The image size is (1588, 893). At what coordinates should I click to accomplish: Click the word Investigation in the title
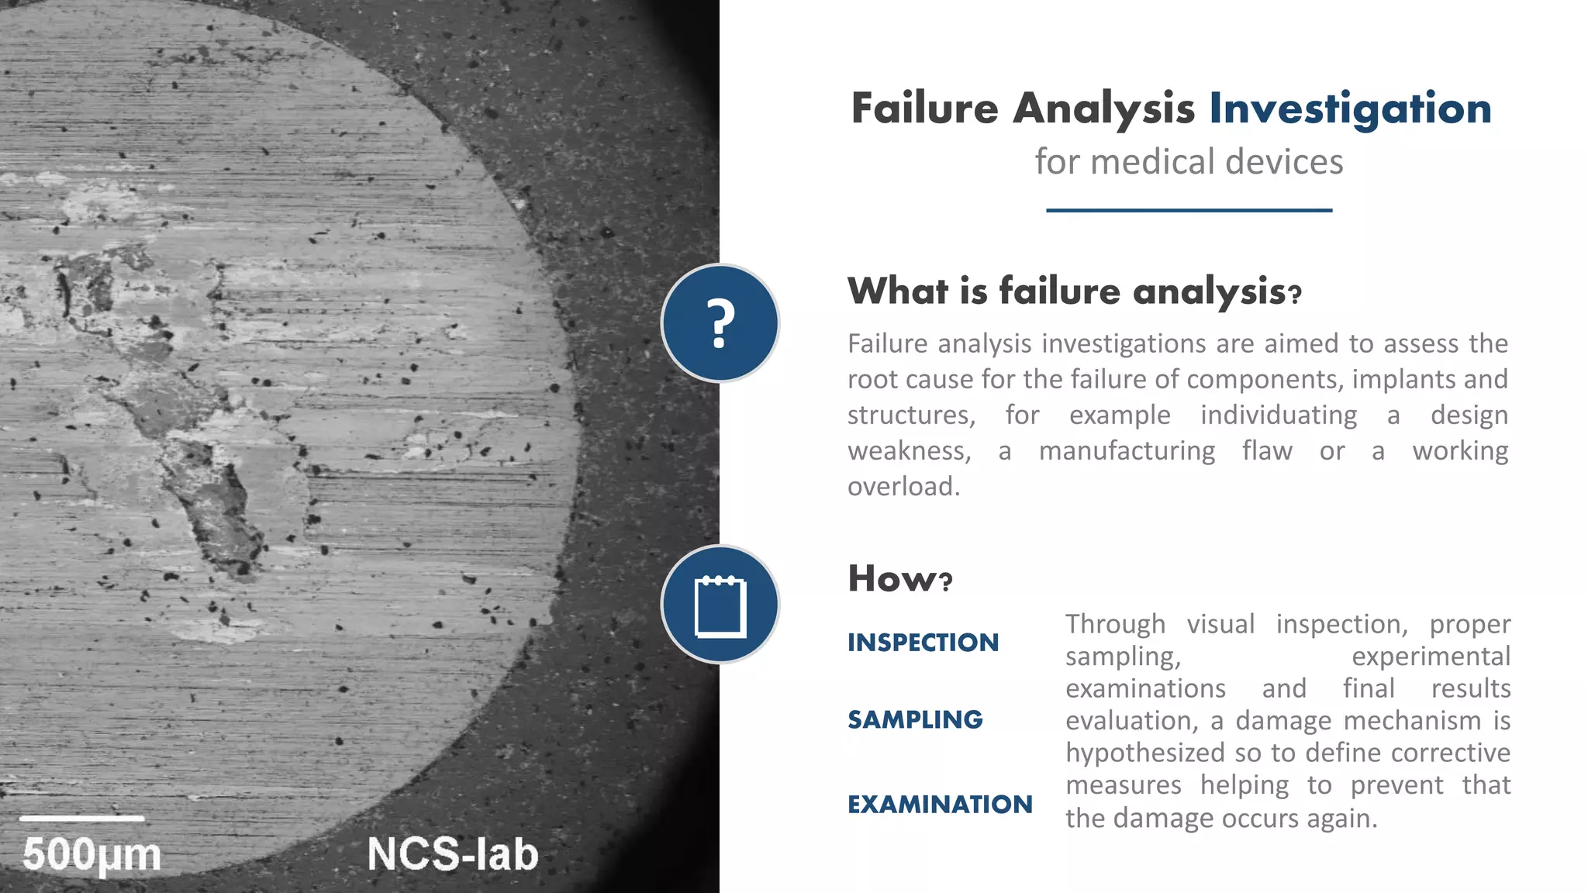(x=1350, y=109)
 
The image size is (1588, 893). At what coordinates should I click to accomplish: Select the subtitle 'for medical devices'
(x=1189, y=162)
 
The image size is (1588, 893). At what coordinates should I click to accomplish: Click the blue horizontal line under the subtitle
(x=1189, y=210)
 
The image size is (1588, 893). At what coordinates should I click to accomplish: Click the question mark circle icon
(x=720, y=322)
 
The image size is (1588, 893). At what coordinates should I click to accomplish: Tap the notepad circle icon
(x=720, y=605)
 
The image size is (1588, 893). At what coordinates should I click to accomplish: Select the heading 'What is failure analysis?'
(x=1074, y=291)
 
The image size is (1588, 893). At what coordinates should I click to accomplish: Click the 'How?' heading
(x=899, y=578)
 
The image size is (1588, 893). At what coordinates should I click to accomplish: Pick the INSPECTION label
(x=923, y=643)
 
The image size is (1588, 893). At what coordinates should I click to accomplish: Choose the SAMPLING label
(x=915, y=719)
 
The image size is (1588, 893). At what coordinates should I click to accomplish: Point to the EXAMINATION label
(x=940, y=805)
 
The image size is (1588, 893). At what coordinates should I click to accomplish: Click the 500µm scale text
(x=91, y=855)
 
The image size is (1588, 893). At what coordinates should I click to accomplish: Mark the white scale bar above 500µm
(x=81, y=818)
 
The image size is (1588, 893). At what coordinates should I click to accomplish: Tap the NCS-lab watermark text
(x=453, y=854)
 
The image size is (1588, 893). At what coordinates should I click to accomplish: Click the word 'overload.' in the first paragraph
(x=903, y=487)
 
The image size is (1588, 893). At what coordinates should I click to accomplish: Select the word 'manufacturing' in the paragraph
(x=1127, y=451)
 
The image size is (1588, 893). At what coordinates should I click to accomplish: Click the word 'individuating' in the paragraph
(x=1279, y=415)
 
